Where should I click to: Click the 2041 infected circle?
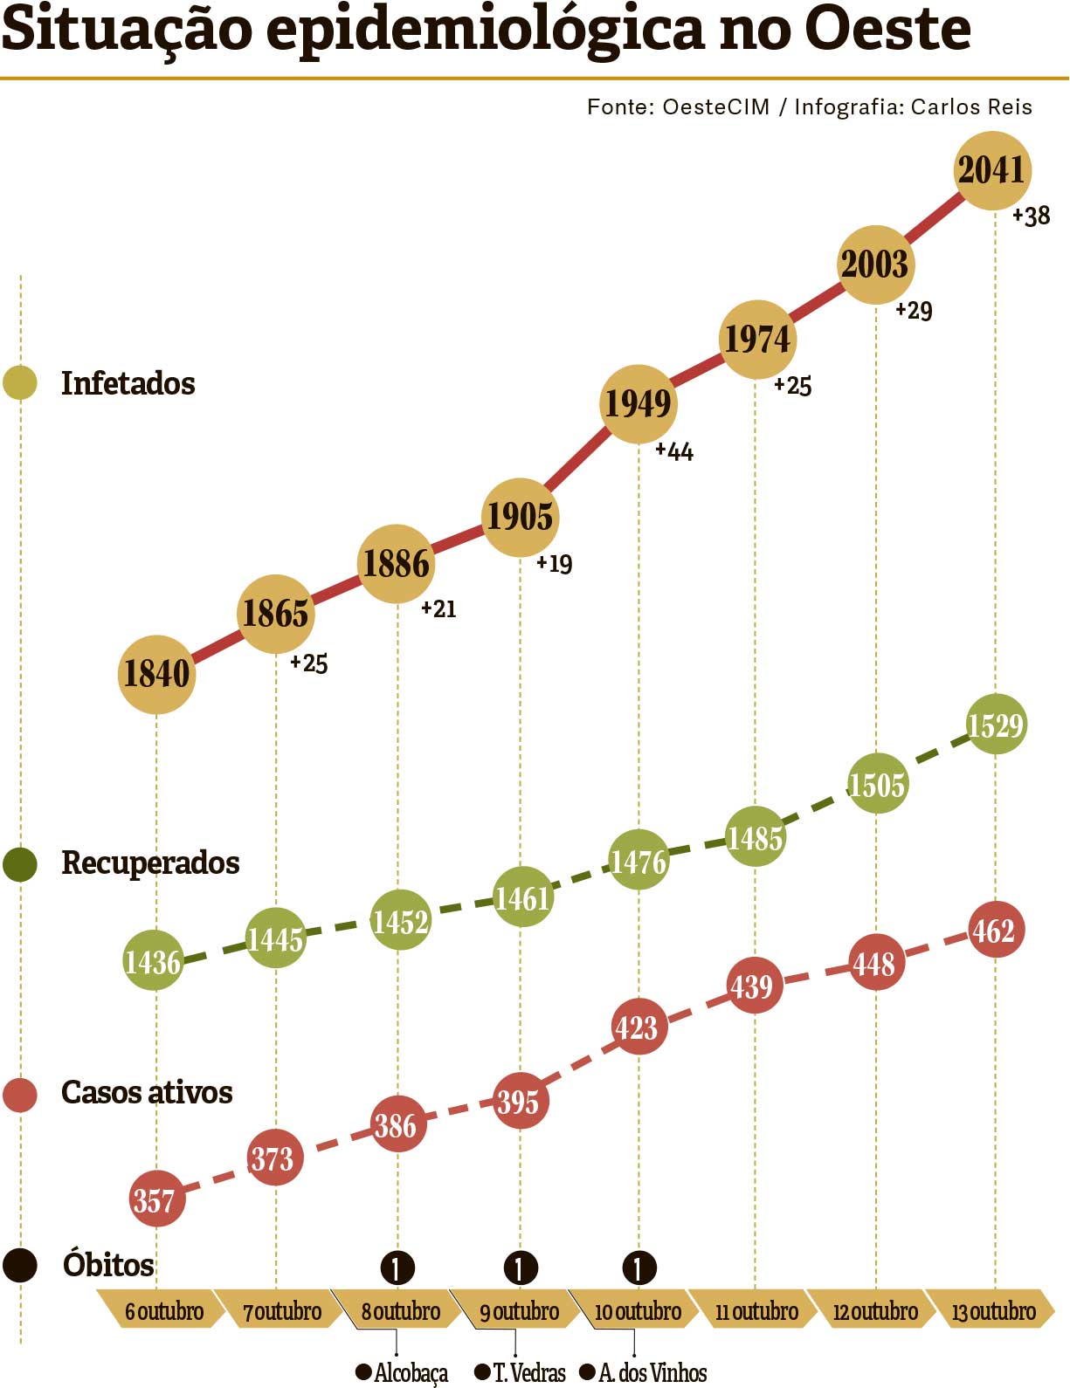point(991,170)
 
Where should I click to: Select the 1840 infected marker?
point(156,674)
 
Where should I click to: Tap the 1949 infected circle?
point(639,403)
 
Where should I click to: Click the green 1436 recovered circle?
point(153,961)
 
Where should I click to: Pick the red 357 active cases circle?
point(155,1200)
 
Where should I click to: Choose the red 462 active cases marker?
point(995,931)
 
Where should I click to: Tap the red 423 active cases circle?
point(637,1027)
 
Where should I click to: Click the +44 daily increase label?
point(674,451)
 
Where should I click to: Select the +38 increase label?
point(1032,216)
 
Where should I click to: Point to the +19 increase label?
point(555,564)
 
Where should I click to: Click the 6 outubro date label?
point(163,1311)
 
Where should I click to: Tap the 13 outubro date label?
point(993,1311)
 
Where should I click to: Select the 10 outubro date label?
point(638,1311)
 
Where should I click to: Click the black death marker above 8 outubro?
point(397,1268)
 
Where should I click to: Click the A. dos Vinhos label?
point(652,1373)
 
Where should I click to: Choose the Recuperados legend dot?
point(20,863)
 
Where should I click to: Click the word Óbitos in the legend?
point(108,1265)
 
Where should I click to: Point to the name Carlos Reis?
point(971,107)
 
